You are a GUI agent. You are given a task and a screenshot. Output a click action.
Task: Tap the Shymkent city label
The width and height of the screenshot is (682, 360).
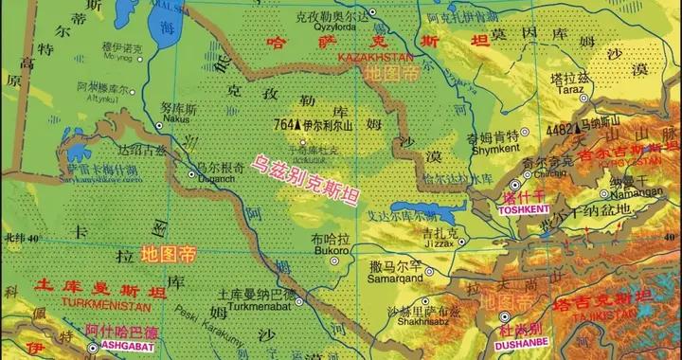coord(468,148)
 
